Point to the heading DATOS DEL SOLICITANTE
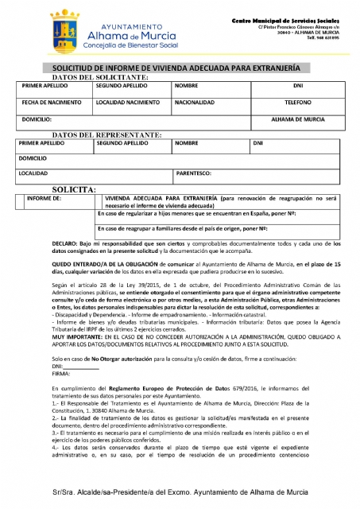tap(100, 77)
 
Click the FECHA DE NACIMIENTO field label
tap(50, 103)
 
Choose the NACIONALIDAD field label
tap(195, 103)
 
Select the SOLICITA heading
tap(74, 189)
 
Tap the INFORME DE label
tap(43, 198)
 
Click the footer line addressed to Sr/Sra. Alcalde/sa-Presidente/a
tap(180, 493)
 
